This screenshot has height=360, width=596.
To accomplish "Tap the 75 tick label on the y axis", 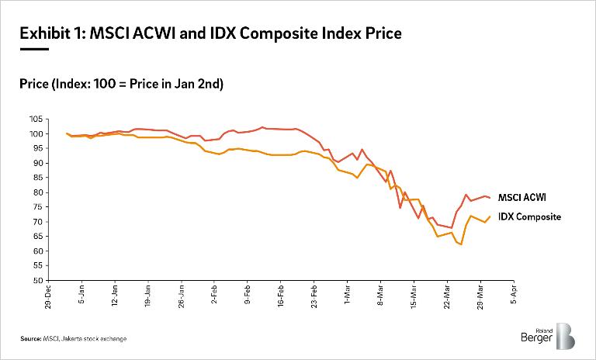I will (x=35, y=207).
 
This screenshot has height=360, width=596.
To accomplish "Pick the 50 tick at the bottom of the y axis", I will (x=35, y=280).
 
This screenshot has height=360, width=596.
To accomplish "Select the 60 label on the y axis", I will (x=35, y=251).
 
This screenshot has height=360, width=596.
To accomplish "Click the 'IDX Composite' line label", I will (x=529, y=217).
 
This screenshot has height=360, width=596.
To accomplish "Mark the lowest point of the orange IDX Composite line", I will (x=461, y=244).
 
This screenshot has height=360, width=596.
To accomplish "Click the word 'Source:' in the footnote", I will (x=31, y=339).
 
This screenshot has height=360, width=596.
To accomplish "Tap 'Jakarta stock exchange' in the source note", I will (x=96, y=339).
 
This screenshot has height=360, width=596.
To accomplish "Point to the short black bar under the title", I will (x=34, y=49).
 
